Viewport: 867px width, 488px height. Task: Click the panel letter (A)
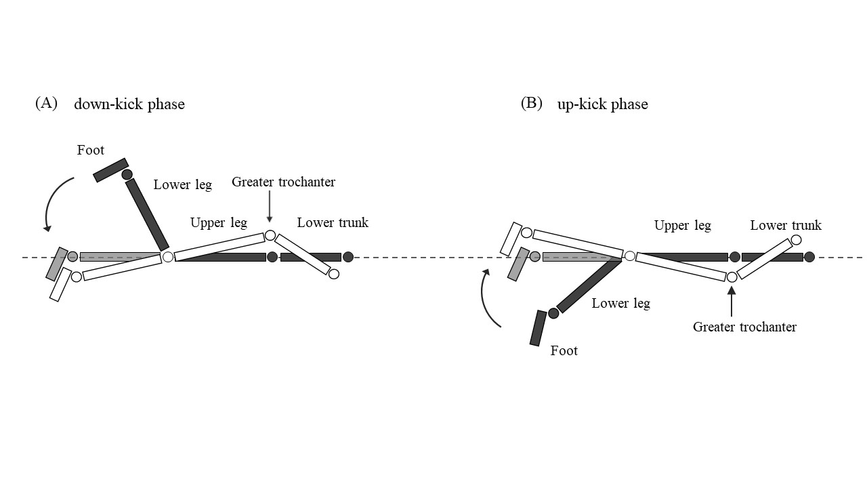point(47,104)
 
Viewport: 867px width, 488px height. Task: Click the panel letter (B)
point(532,104)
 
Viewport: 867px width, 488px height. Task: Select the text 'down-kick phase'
point(129,104)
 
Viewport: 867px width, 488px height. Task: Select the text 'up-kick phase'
point(603,104)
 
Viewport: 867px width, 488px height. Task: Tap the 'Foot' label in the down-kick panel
point(91,150)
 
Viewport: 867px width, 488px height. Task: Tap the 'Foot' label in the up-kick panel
point(564,351)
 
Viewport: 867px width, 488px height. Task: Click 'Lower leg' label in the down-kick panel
point(183,184)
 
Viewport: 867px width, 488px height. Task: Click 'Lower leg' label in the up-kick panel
point(621,304)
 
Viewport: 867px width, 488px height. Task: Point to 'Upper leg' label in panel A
point(219,223)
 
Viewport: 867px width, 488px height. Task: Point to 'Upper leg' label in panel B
point(683,226)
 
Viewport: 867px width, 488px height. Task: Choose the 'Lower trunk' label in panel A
point(333,223)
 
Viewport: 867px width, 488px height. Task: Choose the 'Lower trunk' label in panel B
point(786,226)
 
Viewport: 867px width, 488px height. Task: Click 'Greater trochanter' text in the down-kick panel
point(283,182)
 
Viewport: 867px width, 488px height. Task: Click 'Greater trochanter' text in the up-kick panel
point(744,327)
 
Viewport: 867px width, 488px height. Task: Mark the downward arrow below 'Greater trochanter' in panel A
point(270,206)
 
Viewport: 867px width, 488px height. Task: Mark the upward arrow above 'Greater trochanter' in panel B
point(732,302)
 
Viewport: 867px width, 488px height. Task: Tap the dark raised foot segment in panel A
point(110,169)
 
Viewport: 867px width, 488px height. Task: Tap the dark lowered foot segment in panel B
point(538,328)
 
